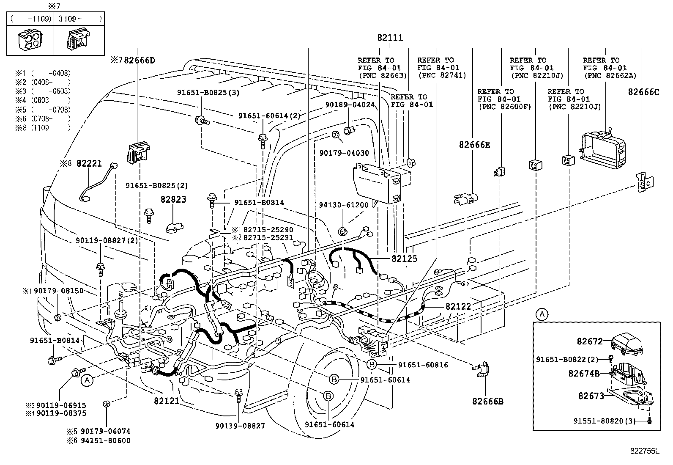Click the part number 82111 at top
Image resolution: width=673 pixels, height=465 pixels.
point(390,38)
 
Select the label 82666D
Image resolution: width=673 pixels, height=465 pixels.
point(138,61)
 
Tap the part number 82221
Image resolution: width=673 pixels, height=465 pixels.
point(89,164)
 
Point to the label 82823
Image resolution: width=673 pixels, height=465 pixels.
point(173,199)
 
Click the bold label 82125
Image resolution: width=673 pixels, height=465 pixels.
point(404,259)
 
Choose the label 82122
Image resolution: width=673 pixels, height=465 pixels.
point(458,306)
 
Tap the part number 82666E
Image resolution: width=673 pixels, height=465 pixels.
point(474,145)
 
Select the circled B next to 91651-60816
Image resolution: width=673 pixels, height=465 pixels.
point(371,365)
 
